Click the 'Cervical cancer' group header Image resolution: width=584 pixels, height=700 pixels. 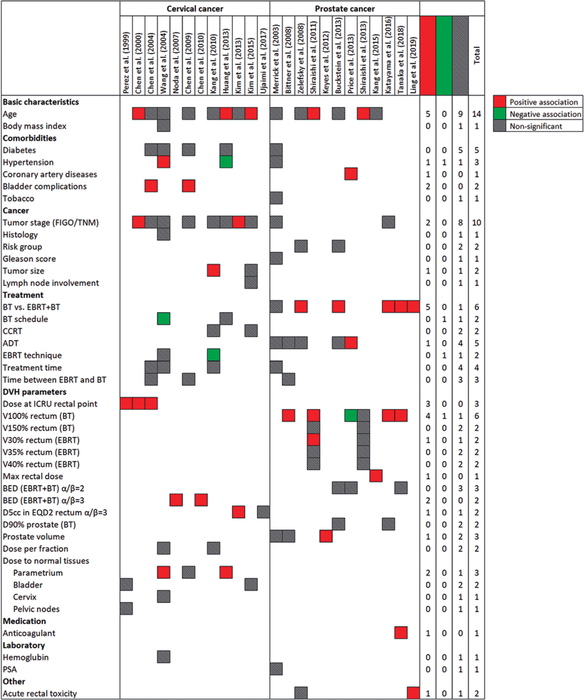click(195, 9)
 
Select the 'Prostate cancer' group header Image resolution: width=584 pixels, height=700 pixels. click(345, 9)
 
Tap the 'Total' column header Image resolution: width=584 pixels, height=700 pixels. click(477, 55)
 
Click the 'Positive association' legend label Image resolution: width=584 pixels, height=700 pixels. click(543, 102)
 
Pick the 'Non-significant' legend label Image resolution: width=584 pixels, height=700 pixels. click(536, 126)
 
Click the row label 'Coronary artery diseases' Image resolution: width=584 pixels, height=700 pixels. click(50, 174)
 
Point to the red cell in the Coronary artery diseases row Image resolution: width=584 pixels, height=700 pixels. click(351, 174)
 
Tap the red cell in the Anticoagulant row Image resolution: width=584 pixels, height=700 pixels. click(401, 633)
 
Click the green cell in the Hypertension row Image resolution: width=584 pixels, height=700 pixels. click(226, 162)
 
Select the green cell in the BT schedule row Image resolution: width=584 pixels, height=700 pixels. click(163, 319)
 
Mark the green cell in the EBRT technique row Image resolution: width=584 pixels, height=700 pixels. click(213, 355)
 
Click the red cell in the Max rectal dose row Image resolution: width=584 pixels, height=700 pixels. click(376, 476)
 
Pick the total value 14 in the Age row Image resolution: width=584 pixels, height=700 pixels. click(476, 114)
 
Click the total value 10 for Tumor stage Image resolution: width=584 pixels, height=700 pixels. click(476, 222)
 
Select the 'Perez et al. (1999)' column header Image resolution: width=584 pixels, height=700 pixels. click(126, 63)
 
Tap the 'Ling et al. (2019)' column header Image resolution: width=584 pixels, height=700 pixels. click(413, 65)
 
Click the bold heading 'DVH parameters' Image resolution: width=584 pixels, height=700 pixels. click(34, 392)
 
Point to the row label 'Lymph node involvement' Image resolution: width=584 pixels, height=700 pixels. click(51, 283)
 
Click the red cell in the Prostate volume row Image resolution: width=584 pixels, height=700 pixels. click(326, 536)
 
